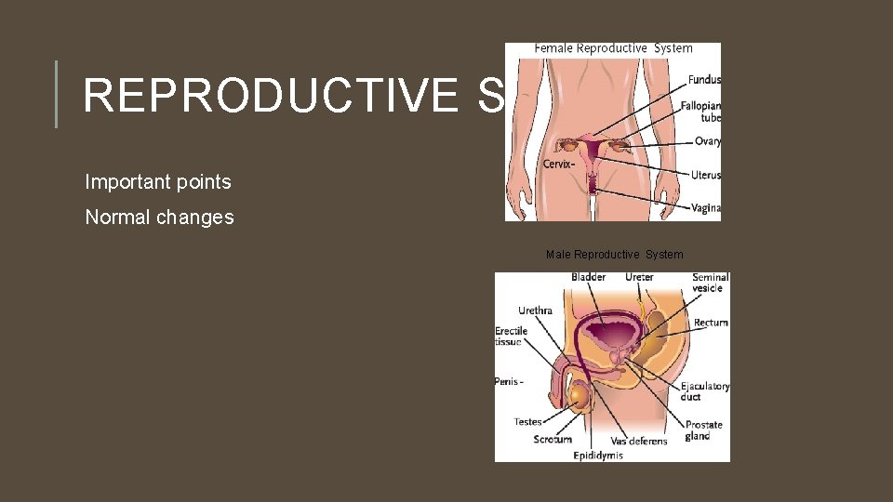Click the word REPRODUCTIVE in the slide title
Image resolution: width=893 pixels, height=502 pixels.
tap(270, 95)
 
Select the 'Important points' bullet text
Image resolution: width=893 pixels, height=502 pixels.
tap(158, 181)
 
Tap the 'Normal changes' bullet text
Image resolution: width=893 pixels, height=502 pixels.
tap(159, 218)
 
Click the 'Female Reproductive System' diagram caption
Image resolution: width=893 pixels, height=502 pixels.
tap(613, 48)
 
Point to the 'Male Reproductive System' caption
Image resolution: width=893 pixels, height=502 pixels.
tap(614, 255)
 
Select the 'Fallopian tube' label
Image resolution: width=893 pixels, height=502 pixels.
tap(700, 112)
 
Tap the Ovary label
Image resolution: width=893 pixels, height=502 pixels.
tap(707, 141)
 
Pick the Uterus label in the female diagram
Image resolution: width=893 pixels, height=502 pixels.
tap(706, 175)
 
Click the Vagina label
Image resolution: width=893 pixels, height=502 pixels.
tap(706, 208)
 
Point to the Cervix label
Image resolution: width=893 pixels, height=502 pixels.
tap(558, 165)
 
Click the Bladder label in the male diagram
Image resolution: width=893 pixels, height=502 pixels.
tap(588, 277)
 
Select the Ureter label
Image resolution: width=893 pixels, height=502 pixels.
tap(639, 277)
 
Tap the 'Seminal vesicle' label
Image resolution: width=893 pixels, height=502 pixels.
tap(710, 283)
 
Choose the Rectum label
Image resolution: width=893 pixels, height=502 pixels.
tap(711, 323)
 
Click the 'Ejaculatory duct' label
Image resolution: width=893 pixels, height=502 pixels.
tap(704, 391)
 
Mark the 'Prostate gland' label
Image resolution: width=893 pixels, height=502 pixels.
tap(703, 430)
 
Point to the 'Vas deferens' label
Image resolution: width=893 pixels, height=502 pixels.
tap(638, 441)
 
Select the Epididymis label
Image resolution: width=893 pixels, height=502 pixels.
tap(598, 456)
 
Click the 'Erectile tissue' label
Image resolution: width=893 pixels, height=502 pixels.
tap(511, 336)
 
